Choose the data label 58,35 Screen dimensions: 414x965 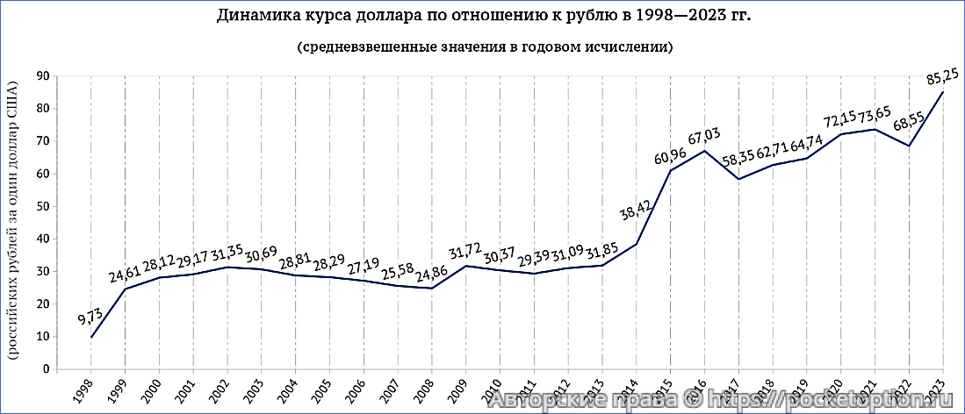(737, 161)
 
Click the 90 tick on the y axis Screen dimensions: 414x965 (41, 76)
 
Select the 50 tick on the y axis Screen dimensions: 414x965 (41, 207)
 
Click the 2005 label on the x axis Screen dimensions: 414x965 (322, 392)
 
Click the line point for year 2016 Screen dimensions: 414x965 (704, 151)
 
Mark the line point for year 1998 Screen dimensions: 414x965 (91, 338)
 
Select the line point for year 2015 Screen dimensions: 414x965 (671, 170)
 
